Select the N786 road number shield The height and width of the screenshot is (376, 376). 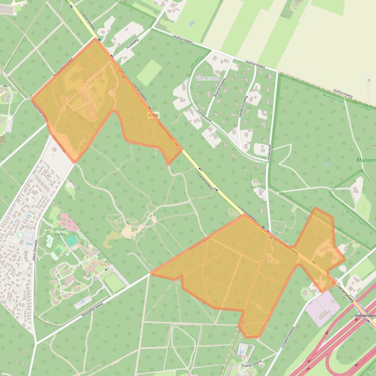pyautogui.click(x=153, y=115)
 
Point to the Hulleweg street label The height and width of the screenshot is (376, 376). pyautogui.click(x=133, y=44)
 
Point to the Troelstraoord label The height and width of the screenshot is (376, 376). pyautogui.click(x=251, y=363)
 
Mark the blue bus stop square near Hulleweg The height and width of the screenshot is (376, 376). pyautogui.click(x=99, y=39)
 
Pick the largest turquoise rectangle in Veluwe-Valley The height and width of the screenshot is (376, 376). pyautogui.click(x=72, y=241)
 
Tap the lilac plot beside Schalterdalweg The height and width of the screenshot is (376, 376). pyautogui.click(x=322, y=308)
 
